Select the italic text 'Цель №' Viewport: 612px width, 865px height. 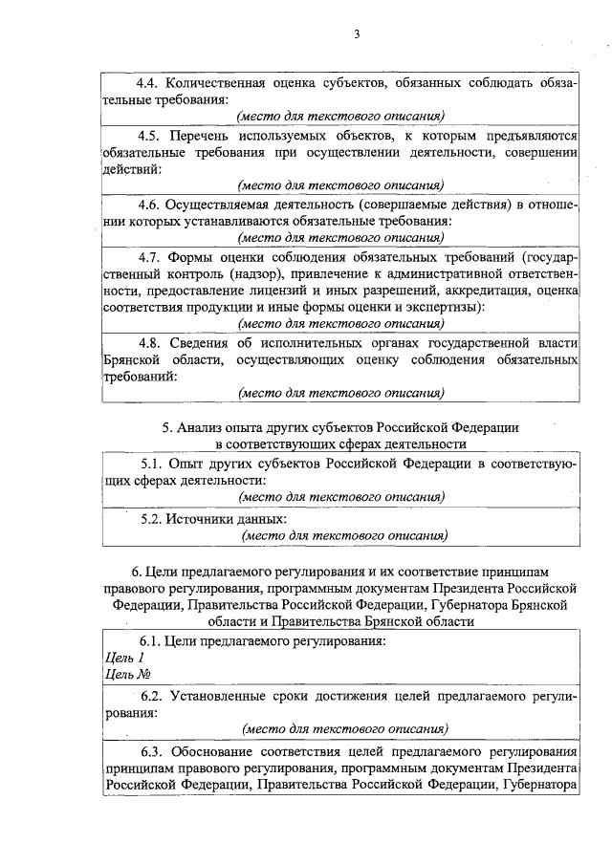click(126, 675)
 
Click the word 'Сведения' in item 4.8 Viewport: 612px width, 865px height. click(202, 342)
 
